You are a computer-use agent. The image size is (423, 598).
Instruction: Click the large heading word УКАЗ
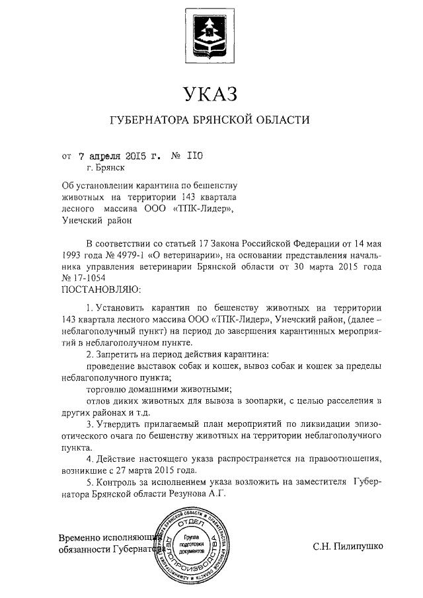[x=210, y=93]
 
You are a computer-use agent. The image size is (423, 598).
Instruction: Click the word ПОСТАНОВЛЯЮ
[x=100, y=289]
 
